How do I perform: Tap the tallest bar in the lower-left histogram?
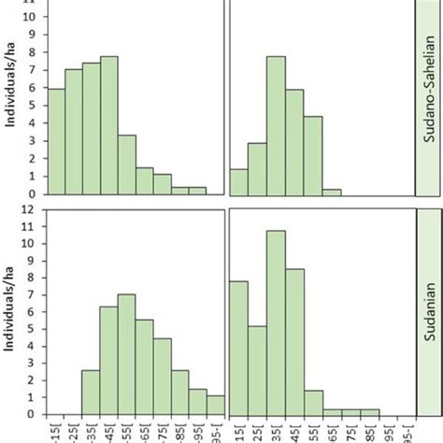click(x=126, y=354)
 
